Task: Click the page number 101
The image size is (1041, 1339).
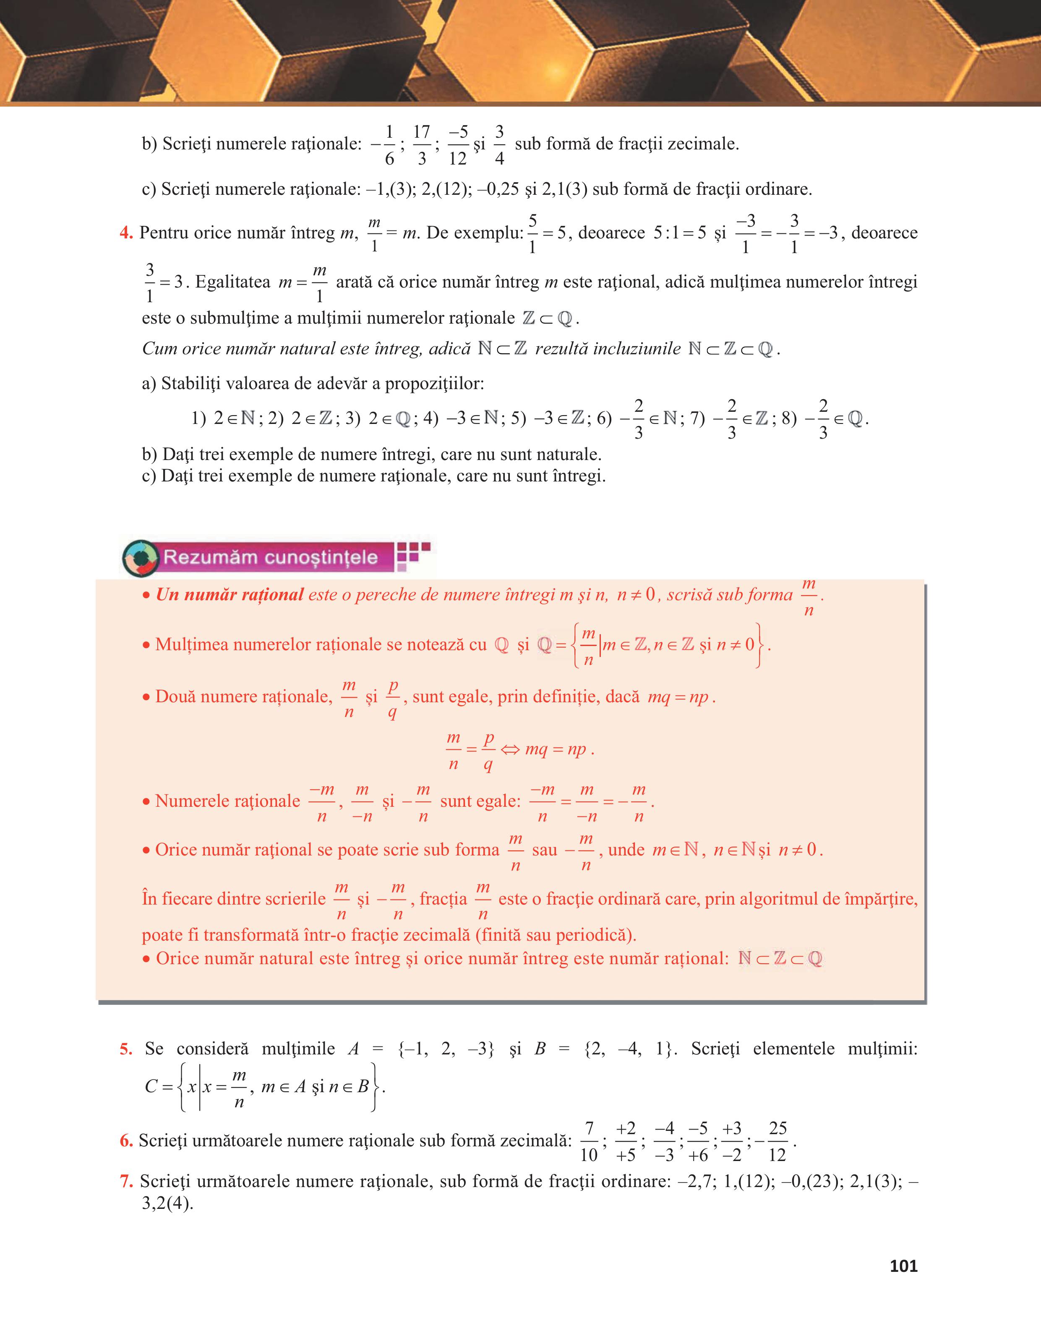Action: point(903,1266)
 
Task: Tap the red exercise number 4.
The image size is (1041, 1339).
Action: point(125,233)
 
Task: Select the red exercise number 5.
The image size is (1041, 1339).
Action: point(125,1049)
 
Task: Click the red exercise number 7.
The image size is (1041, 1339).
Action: point(125,1182)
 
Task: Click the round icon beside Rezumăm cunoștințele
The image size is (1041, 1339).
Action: point(141,558)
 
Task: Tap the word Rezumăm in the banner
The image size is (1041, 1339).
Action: point(201,557)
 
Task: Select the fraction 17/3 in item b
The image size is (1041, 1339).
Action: point(422,145)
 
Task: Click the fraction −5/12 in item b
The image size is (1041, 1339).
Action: point(458,145)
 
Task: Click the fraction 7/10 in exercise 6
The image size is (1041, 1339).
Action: point(589,1142)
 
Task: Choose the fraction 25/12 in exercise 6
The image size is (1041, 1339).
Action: point(777,1142)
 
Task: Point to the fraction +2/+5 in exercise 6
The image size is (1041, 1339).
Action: point(626,1142)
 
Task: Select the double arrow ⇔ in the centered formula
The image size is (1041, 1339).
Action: point(510,750)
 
